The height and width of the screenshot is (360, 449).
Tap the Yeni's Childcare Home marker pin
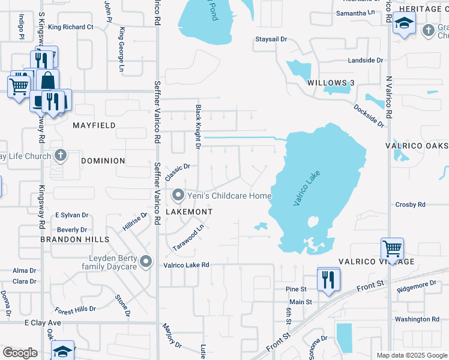coord(178,196)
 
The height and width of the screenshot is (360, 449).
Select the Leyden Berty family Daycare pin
coord(145,262)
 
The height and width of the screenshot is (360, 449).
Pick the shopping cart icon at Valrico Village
coord(392,248)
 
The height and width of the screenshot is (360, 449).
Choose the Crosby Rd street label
coord(411,205)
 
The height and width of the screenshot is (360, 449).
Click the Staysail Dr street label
coord(272,39)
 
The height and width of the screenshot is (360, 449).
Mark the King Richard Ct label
coord(71,27)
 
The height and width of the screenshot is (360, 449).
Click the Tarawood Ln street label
coord(189,238)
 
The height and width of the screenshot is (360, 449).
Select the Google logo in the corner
coord(20,353)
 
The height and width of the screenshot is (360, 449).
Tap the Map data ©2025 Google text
coord(411,355)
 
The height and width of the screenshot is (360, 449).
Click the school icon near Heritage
coord(404,25)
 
